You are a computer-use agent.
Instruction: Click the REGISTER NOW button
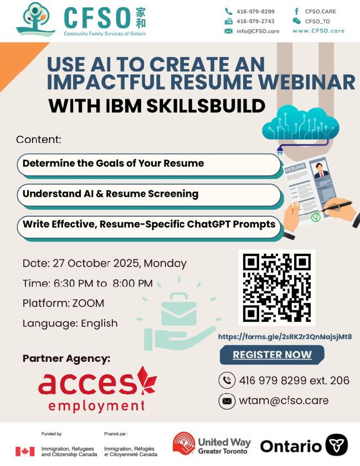[x=272, y=355]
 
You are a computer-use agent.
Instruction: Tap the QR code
[x=276, y=288]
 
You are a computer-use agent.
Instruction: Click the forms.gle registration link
[x=285, y=337]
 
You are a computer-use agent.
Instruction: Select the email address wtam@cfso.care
[x=284, y=401]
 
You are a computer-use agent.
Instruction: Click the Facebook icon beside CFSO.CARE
[x=296, y=11]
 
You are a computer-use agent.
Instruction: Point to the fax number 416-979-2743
[x=255, y=22]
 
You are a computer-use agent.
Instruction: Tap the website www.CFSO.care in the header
[x=318, y=31]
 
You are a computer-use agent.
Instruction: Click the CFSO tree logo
[x=35, y=19]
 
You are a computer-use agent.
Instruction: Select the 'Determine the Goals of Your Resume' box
[x=149, y=165]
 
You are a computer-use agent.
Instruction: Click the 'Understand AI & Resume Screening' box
[x=149, y=195]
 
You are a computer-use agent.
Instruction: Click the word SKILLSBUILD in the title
[x=205, y=106]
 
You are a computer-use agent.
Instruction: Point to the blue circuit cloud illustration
[x=300, y=125]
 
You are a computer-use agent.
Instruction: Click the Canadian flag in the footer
[x=25, y=452]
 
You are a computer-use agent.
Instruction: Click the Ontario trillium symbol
[x=336, y=445]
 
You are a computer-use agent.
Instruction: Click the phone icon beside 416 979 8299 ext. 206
[x=227, y=381]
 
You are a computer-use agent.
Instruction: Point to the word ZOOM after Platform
[x=88, y=303]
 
